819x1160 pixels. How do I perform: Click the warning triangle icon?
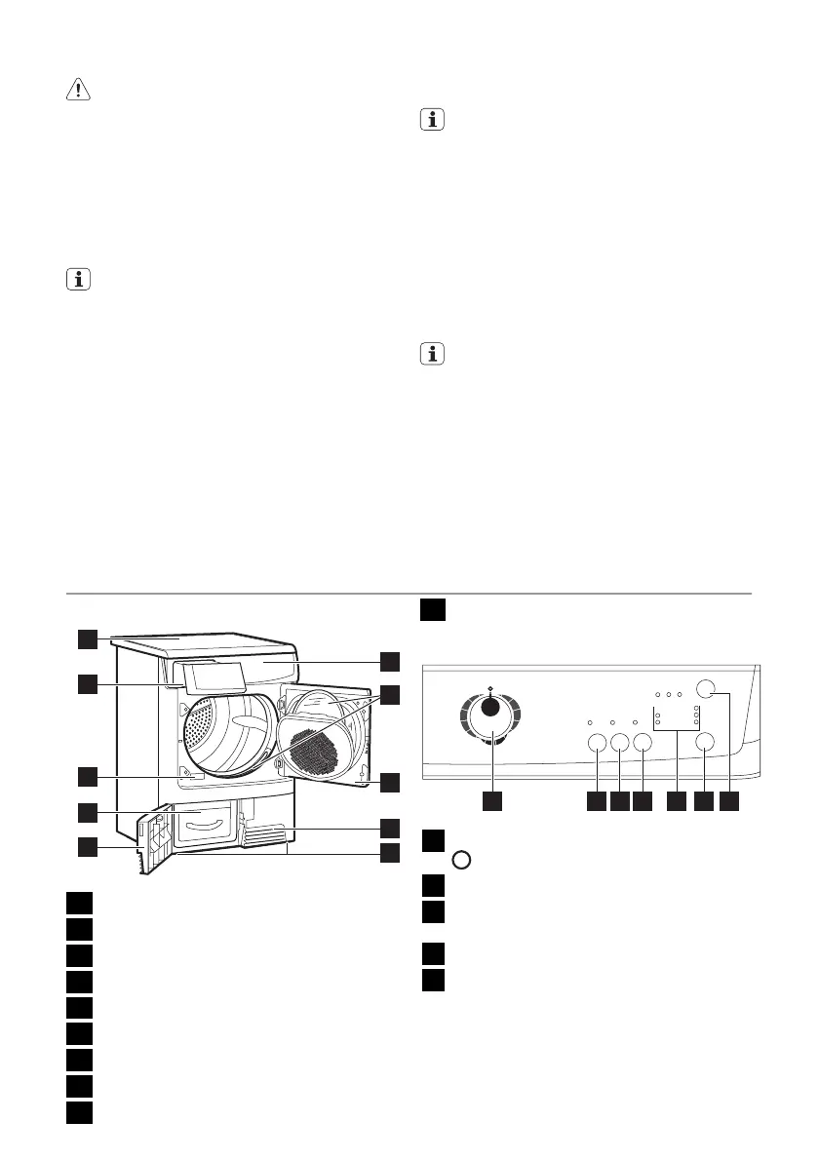tap(75, 90)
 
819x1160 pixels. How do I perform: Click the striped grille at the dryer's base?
tap(264, 834)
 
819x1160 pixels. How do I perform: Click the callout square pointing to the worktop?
tap(88, 639)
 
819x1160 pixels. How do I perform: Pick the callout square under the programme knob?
tap(494, 801)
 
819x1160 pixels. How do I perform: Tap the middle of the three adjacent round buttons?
tap(619, 744)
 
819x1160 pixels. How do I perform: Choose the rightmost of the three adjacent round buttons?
tap(642, 744)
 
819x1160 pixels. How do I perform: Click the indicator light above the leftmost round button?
tap(592, 722)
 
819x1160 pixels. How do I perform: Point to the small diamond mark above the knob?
tap(490, 687)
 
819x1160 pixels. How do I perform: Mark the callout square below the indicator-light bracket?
tap(676, 801)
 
